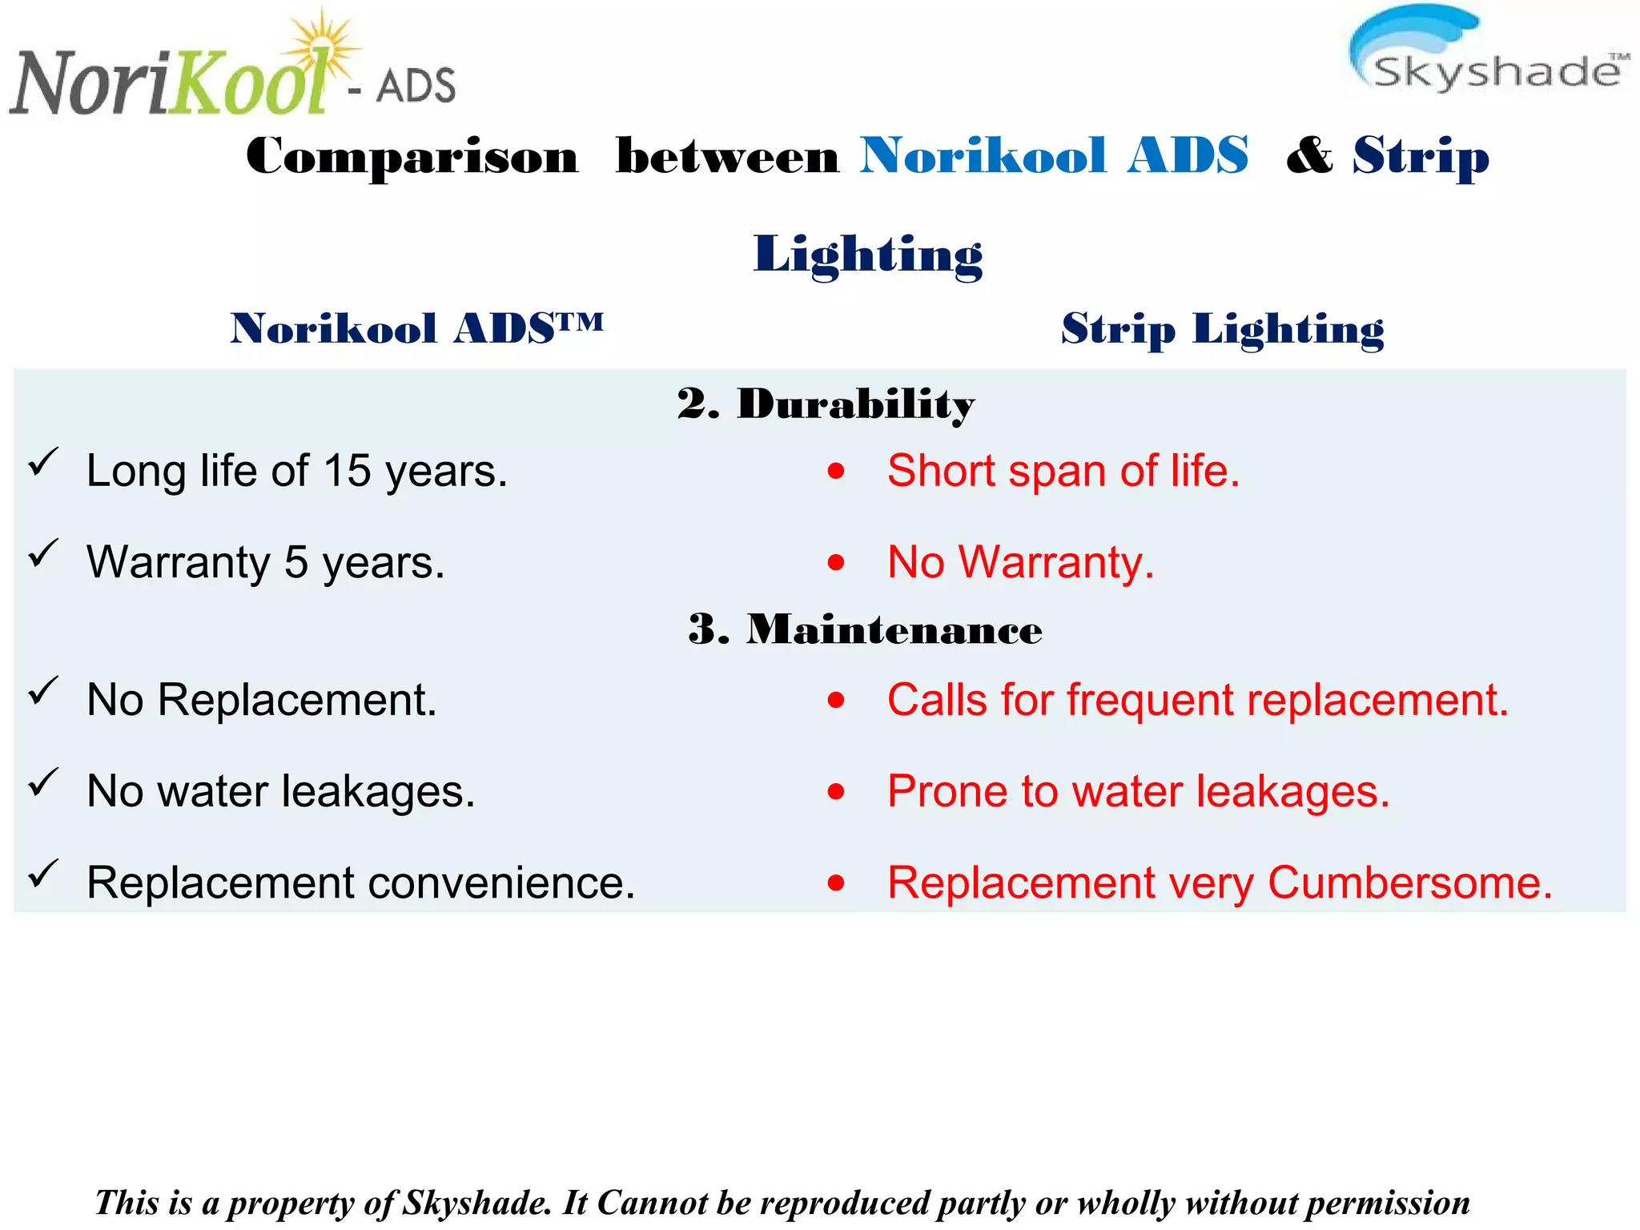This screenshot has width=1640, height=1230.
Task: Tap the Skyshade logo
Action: coord(1488,52)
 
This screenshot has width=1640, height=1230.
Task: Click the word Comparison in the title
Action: coord(412,156)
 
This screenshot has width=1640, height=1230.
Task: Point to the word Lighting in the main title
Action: coord(868,255)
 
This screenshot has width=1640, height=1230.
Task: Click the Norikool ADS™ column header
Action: coord(416,329)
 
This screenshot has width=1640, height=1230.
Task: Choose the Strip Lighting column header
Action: coord(1222,329)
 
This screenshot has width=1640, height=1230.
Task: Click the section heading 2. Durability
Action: coord(826,404)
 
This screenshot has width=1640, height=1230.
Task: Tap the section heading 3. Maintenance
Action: coord(865,629)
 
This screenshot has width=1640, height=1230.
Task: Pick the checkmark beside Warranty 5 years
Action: coord(43,553)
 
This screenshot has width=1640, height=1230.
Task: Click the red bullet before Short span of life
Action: coord(836,471)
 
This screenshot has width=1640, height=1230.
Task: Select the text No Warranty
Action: coord(1020,562)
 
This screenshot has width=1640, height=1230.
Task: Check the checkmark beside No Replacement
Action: coord(43,691)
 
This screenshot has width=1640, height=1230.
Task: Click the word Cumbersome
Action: coord(1409,883)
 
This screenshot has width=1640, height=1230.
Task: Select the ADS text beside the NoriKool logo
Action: coord(416,86)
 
